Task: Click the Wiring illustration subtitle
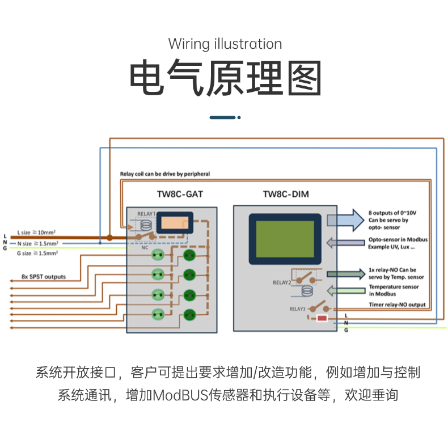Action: click(225, 44)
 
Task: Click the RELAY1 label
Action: click(146, 214)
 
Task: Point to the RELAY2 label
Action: click(282, 282)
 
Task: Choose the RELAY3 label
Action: click(298, 309)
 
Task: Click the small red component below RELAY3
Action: click(322, 319)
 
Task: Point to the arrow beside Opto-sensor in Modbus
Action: click(346, 243)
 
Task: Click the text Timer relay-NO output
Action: click(397, 305)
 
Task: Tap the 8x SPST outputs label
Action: click(44, 277)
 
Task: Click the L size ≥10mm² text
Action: click(40, 233)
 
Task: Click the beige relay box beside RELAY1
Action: click(174, 223)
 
